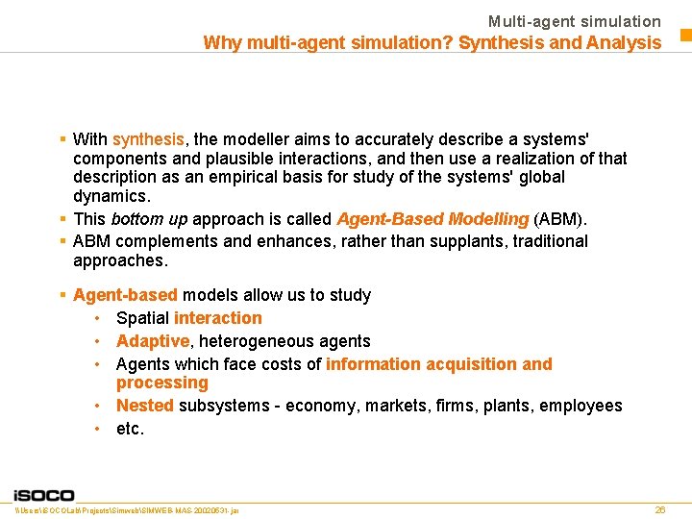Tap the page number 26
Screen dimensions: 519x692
point(659,509)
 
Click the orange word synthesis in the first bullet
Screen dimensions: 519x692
point(148,139)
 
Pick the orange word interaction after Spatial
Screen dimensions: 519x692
point(217,318)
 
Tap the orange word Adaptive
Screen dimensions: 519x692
point(152,341)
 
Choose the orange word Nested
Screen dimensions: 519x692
point(144,406)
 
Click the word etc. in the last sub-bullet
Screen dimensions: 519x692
point(130,429)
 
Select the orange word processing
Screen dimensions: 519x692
point(161,383)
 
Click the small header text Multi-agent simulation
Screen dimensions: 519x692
point(574,21)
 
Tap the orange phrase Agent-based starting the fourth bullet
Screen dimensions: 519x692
point(125,295)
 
